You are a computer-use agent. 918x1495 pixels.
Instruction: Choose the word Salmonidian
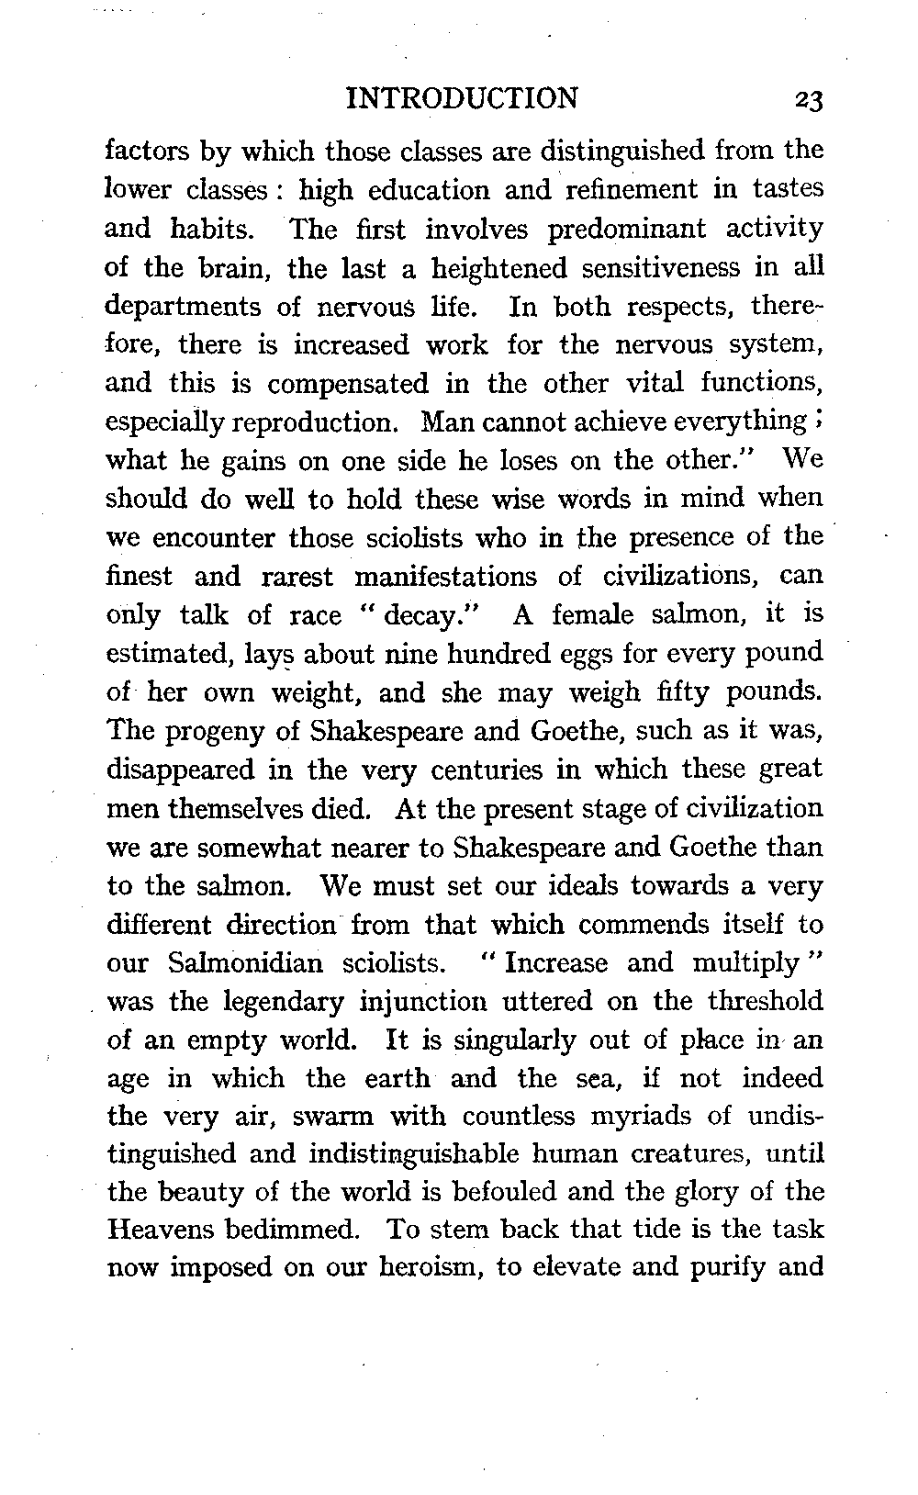247,962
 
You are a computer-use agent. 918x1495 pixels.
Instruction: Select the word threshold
766,1001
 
